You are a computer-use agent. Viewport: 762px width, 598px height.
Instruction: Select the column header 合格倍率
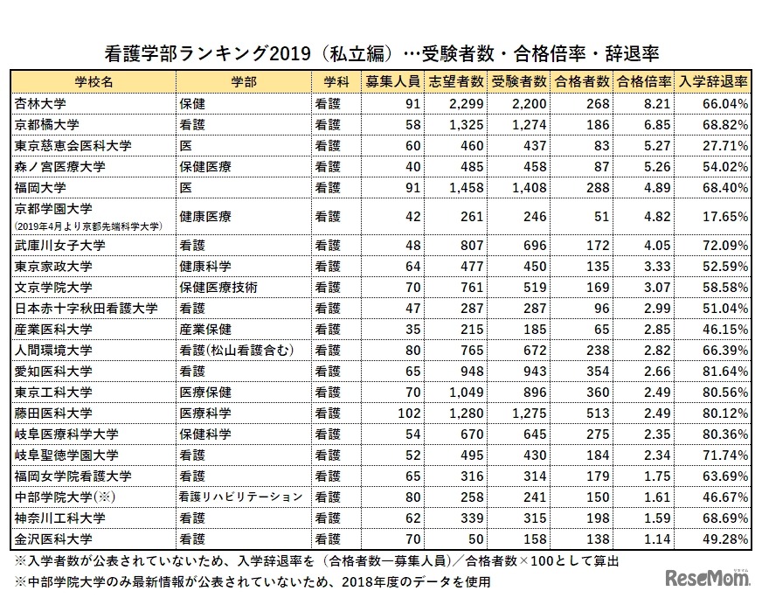[x=644, y=81]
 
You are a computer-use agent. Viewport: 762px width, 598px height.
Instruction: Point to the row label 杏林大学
[x=41, y=103]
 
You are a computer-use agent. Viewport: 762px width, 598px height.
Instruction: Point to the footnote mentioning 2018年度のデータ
[x=253, y=581]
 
